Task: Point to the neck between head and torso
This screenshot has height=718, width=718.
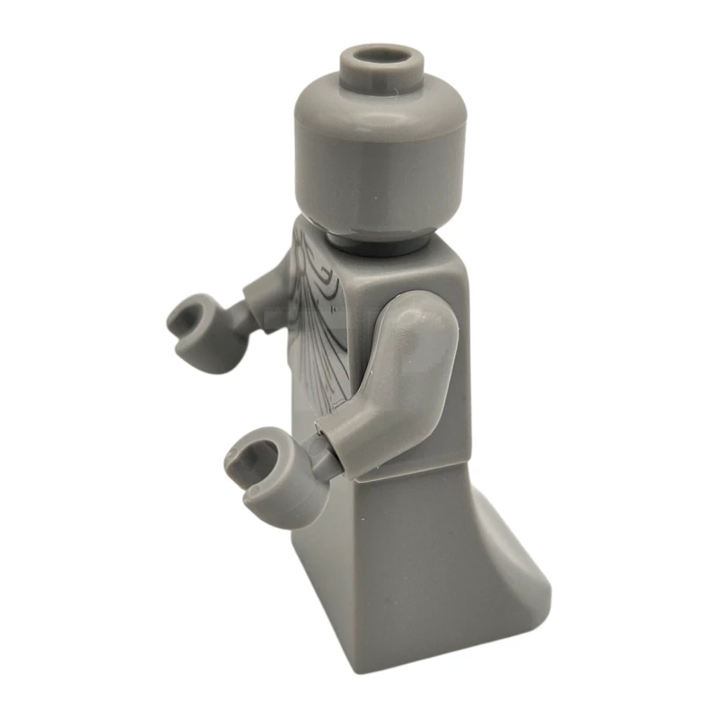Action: pyautogui.click(x=377, y=239)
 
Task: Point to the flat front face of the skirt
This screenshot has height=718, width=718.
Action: pyautogui.click(x=395, y=556)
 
